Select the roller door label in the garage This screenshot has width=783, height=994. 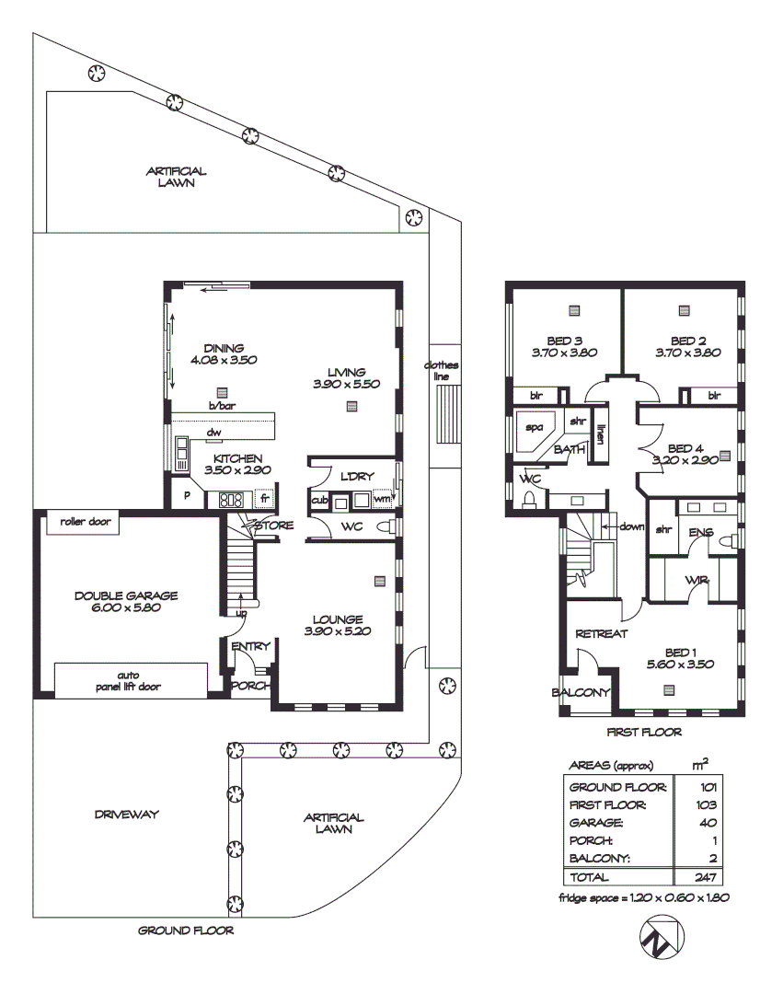86,521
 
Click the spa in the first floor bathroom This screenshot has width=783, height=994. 533,428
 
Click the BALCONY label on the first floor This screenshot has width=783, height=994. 581,692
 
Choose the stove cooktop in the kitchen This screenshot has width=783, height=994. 230,500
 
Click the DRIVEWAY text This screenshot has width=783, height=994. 127,815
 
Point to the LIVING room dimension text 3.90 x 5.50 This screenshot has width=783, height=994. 346,384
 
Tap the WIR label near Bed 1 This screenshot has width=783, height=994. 696,580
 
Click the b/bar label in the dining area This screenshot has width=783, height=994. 219,406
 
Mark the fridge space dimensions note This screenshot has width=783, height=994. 643,898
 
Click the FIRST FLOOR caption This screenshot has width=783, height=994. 643,733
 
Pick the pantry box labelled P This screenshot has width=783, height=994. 187,497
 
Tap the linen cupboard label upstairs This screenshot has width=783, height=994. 600,433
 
